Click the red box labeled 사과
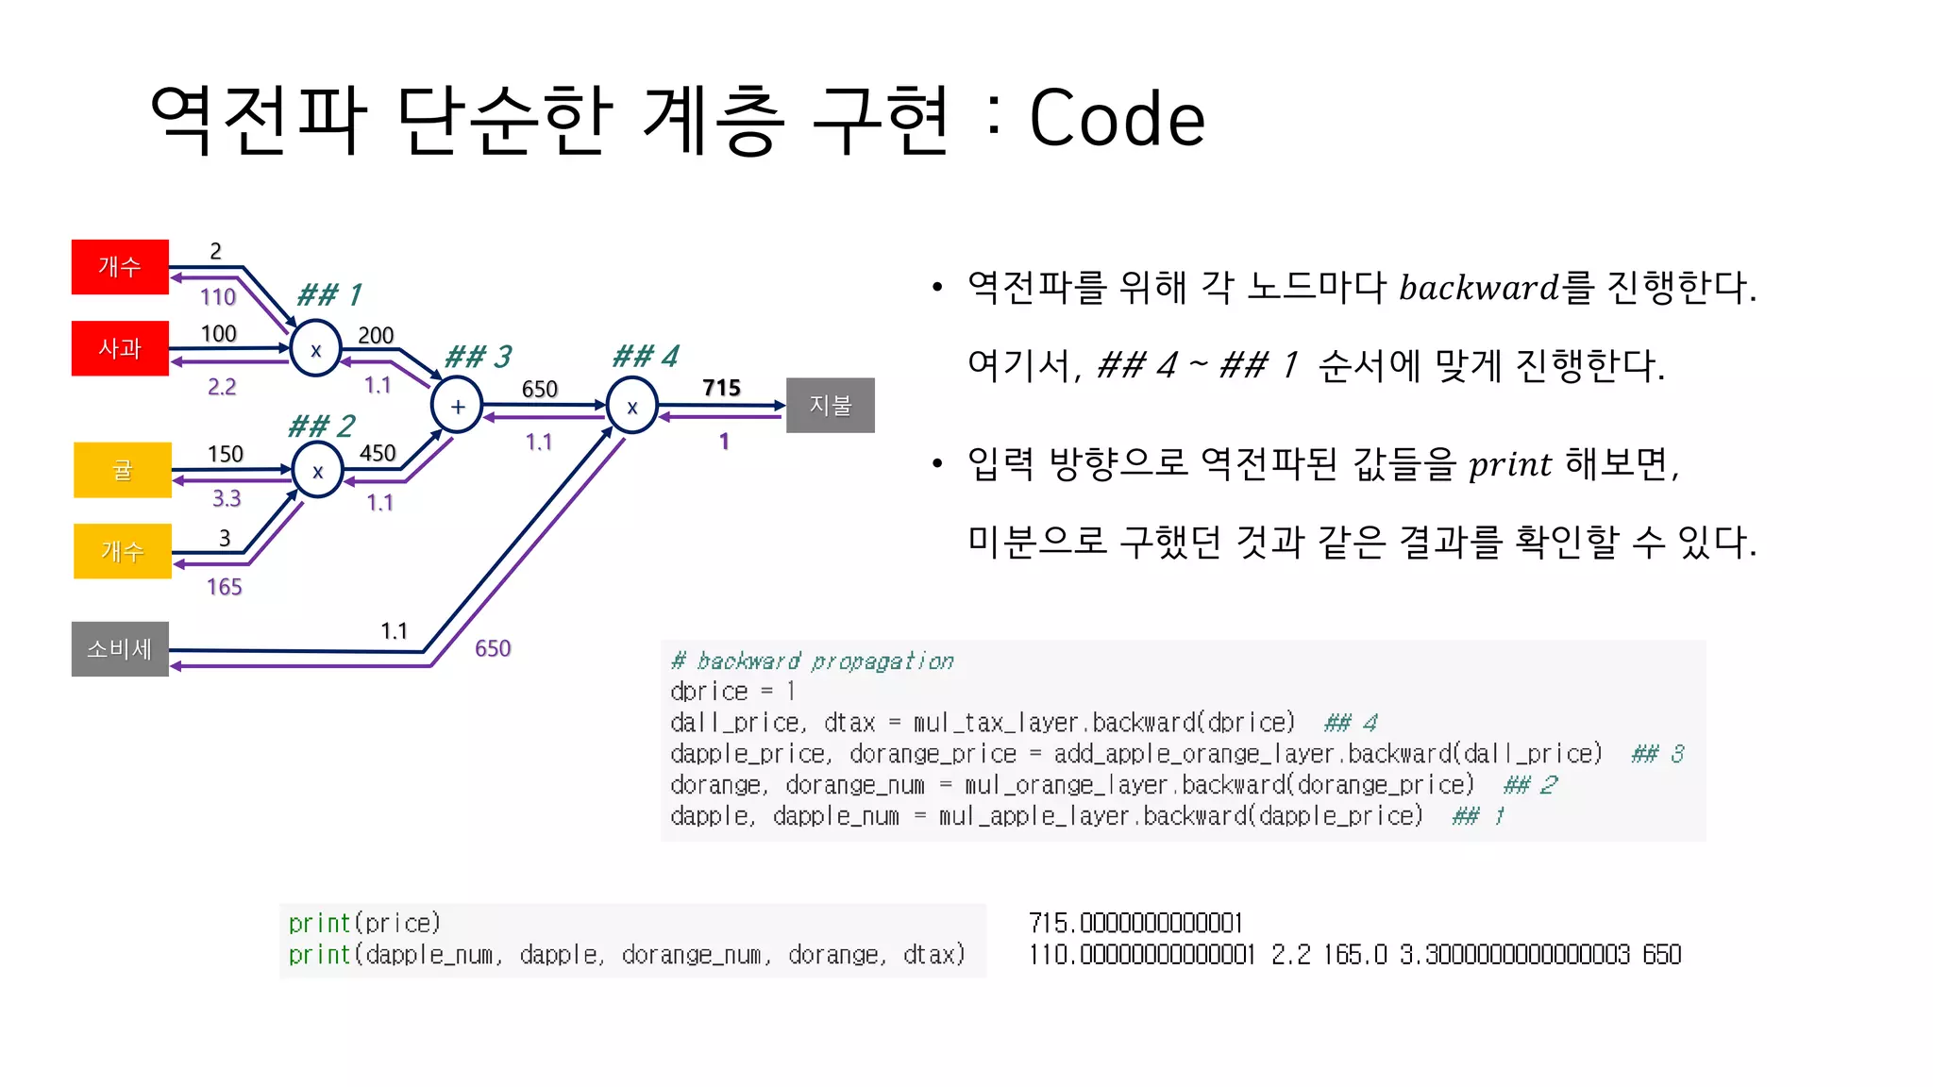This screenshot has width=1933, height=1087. [120, 348]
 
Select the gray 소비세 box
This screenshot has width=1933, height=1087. [120, 649]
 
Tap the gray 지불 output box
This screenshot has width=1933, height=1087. [830, 406]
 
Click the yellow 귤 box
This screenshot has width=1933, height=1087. [123, 470]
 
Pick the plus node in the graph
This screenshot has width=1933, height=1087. [458, 407]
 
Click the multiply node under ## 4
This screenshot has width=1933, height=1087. [631, 407]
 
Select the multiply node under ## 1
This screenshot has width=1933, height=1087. [316, 350]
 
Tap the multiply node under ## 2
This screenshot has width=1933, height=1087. [317, 472]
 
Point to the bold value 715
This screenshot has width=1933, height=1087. [721, 388]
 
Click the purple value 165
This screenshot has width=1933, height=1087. [225, 587]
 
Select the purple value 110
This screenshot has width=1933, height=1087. [218, 297]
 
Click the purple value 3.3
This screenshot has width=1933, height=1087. [227, 498]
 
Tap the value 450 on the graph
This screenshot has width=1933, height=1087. [378, 454]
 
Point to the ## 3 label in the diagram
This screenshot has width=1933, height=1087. [478, 357]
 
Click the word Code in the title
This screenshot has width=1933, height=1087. [1117, 119]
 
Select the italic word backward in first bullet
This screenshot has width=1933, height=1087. [1478, 288]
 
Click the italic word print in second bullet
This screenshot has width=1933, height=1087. [1509, 464]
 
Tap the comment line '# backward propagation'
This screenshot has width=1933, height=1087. [813, 661]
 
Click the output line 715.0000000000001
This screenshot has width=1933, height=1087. [1135, 923]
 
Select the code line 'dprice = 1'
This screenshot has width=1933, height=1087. [732, 692]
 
